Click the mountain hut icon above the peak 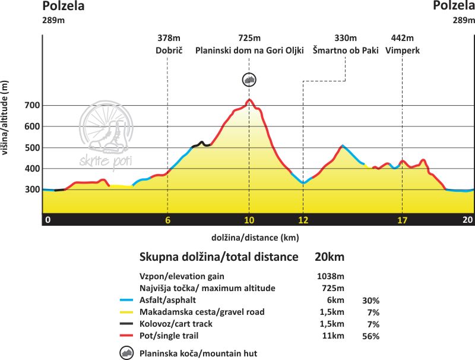[250, 80]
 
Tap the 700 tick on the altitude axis [32, 106]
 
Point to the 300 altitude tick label [32, 190]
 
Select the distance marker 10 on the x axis [249, 220]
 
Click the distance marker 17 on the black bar [402, 220]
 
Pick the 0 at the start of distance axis [48, 220]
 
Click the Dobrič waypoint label [167, 50]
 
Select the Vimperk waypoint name [402, 50]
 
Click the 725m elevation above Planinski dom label [249, 39]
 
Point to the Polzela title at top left [63, 7]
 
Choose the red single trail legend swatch [126, 336]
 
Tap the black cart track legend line [126, 324]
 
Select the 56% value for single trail [370, 336]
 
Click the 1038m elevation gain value [331, 277]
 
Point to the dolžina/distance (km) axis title [255, 238]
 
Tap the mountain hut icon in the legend [127, 353]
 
